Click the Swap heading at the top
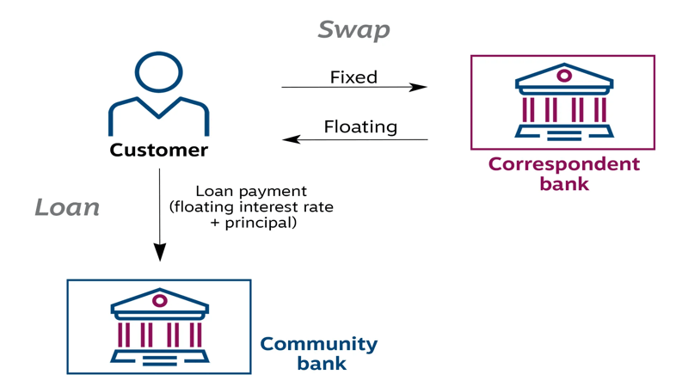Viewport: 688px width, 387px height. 353,29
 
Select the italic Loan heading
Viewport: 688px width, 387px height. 67,207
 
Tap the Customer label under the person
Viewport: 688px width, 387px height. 159,150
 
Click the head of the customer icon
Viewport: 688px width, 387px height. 159,72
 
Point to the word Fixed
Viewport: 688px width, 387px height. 353,77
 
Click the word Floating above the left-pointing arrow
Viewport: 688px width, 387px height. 360,127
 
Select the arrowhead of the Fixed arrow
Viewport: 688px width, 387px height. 420,87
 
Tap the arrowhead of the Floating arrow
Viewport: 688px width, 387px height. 291,139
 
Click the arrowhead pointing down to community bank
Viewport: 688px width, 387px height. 159,253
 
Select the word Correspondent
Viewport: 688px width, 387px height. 564,163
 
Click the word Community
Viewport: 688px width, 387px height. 319,344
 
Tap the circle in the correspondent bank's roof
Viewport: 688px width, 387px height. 564,76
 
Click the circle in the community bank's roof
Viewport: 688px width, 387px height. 159,300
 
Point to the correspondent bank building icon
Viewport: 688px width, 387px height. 563,104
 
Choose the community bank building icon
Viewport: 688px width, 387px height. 159,327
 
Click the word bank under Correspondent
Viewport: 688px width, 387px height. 564,183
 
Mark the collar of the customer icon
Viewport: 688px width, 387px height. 159,107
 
